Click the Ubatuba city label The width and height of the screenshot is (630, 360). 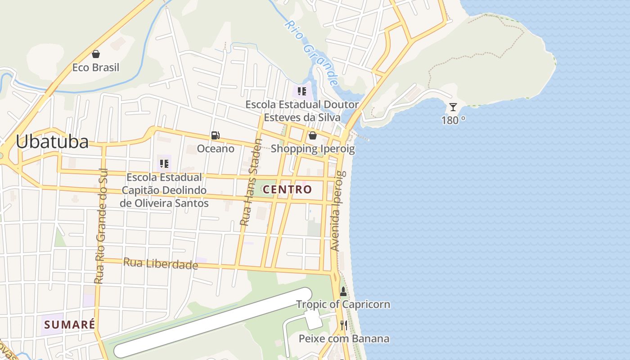tap(52, 142)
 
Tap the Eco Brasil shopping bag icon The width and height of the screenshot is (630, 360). tap(96, 54)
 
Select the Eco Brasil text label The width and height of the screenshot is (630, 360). tap(96, 67)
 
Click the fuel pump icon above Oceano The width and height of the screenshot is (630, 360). tap(216, 135)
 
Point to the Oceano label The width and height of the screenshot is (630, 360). tap(216, 148)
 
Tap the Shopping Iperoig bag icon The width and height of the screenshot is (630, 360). tap(313, 135)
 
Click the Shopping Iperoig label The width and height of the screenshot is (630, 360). tap(313, 148)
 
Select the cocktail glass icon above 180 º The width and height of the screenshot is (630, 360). tap(453, 107)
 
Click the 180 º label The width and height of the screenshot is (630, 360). tap(453, 120)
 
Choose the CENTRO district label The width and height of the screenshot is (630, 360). tap(287, 189)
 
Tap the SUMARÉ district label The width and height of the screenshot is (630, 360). tap(70, 324)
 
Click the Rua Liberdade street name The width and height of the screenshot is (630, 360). tap(161, 263)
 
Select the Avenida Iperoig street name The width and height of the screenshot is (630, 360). tap(337, 211)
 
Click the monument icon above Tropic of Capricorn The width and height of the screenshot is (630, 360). tap(343, 292)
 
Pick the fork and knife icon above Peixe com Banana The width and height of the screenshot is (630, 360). tap(344, 325)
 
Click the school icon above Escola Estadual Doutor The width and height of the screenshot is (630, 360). tap(302, 91)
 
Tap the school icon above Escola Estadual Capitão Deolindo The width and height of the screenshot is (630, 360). tap(164, 163)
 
